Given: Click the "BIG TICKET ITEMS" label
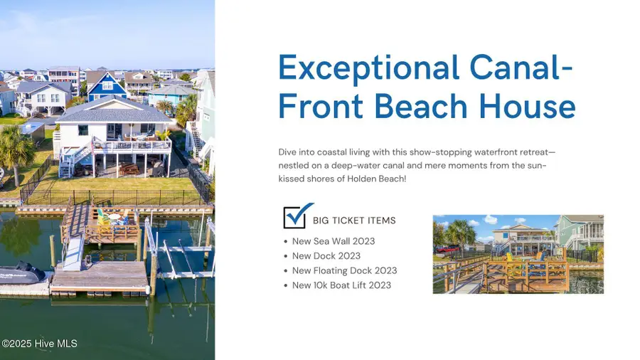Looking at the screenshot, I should (x=354, y=221).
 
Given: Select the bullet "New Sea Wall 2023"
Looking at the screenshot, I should (x=334, y=241).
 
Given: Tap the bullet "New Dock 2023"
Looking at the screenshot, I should (x=326, y=256).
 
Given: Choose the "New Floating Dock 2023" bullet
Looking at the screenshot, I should (x=344, y=270).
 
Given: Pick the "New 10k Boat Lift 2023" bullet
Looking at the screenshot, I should (x=341, y=285).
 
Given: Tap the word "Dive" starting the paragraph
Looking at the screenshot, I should (x=287, y=152).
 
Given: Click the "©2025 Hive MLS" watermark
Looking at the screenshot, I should (x=39, y=344).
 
